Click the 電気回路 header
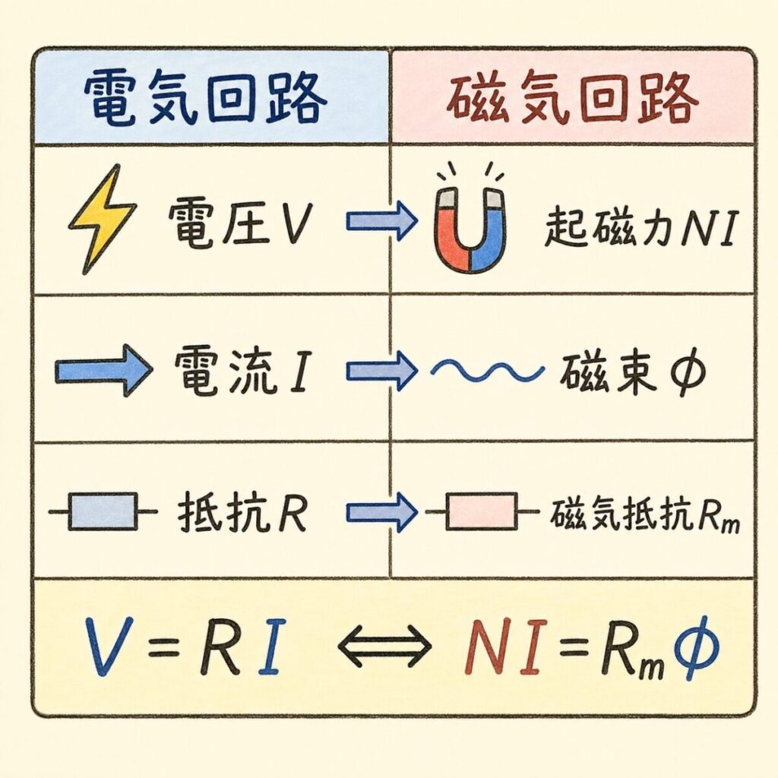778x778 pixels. click(205, 99)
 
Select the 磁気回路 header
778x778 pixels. click(571, 99)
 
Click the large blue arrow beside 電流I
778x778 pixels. click(103, 370)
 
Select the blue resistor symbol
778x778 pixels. click(103, 511)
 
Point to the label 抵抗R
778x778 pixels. click(242, 511)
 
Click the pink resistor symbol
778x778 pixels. click(482, 511)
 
